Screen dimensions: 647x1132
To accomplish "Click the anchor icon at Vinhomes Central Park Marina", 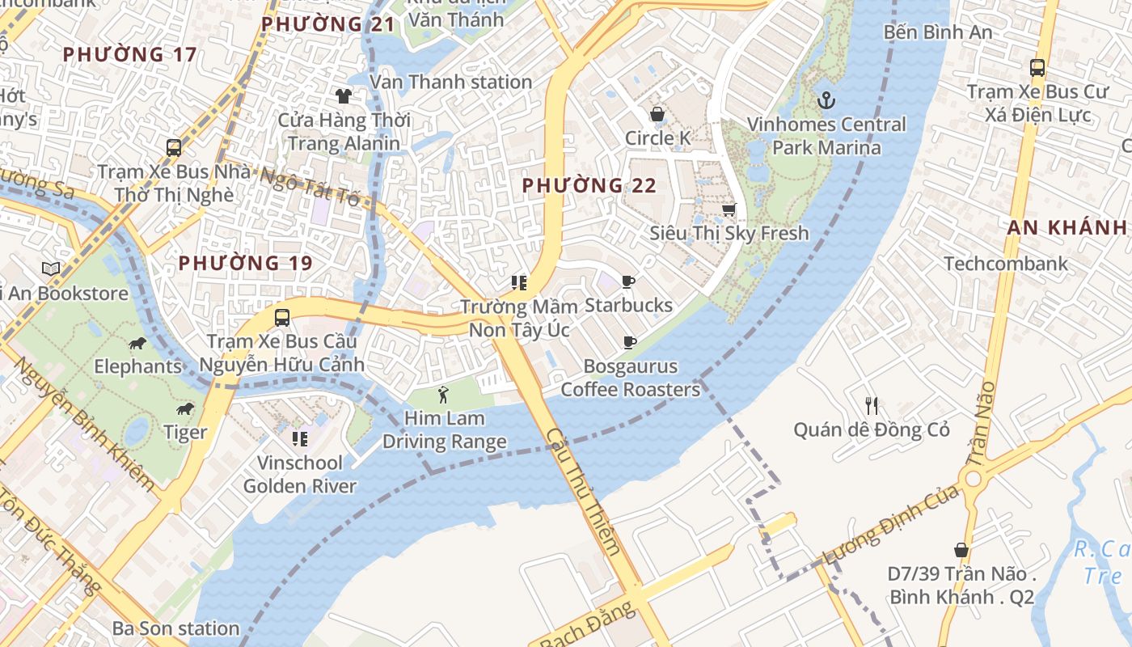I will click(x=826, y=100).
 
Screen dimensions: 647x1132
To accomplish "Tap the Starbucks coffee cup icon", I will click(x=628, y=281).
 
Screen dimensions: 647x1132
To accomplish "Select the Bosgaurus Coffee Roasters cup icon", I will click(x=630, y=343).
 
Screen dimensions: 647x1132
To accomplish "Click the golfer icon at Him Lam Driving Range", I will click(x=443, y=395).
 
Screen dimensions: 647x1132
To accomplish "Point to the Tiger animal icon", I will click(x=185, y=409).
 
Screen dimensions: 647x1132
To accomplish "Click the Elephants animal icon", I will click(x=137, y=344).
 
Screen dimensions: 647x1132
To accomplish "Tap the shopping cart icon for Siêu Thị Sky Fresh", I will click(x=729, y=210).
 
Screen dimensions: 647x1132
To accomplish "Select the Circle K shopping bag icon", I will click(x=657, y=114).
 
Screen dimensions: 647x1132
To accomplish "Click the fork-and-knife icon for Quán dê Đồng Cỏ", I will click(x=871, y=405).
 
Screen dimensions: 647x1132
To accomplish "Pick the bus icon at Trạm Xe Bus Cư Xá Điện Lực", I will click(x=1037, y=68).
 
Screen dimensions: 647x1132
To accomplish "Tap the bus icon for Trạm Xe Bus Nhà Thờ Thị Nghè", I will click(x=174, y=147).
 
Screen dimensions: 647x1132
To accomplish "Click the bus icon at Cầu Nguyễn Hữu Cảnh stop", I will click(x=281, y=318).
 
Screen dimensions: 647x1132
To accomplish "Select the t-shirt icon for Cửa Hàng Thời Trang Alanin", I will click(x=344, y=96).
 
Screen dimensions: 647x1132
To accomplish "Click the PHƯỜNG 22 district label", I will click(x=589, y=186).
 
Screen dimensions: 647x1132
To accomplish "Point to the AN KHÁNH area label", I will click(x=1067, y=228).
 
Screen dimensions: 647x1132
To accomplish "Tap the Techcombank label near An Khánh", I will click(x=1006, y=264).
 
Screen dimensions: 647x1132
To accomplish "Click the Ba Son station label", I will click(x=175, y=628).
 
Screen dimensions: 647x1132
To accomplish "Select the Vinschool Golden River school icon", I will click(x=300, y=439).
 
